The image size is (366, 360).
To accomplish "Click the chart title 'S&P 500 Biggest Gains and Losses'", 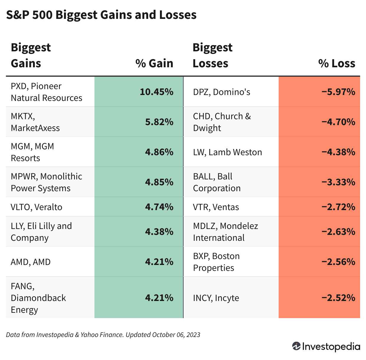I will [x=101, y=15].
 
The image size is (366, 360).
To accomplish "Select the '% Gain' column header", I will [x=154, y=63].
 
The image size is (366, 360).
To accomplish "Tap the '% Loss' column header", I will [x=336, y=63].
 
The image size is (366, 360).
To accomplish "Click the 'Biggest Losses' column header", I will [x=213, y=55].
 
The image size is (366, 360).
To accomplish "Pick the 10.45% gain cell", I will [x=156, y=92].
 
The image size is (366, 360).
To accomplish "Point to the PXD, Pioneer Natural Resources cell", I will [x=47, y=92].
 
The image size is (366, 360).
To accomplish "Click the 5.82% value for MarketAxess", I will [x=159, y=122].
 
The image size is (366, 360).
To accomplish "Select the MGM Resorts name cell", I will [x=32, y=152].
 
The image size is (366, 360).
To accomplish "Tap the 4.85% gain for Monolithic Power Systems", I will [x=159, y=182].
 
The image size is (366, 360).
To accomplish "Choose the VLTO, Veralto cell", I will [x=37, y=207].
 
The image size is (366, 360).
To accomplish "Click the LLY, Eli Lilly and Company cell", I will [x=41, y=232].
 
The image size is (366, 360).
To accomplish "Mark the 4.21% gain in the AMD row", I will [x=159, y=262].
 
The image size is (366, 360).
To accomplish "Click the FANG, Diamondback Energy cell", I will [x=38, y=298].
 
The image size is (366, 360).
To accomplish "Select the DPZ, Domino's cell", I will [x=221, y=92].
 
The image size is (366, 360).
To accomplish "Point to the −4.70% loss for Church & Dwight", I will [x=338, y=122].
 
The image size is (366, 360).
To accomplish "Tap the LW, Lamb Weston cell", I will [x=227, y=152].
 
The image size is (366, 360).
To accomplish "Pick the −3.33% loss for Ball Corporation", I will [x=338, y=182].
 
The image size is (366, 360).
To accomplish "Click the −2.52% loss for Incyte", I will [x=338, y=298].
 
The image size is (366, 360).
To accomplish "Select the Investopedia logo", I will [x=326, y=346].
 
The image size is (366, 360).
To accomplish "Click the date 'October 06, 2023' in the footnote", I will [x=176, y=335].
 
